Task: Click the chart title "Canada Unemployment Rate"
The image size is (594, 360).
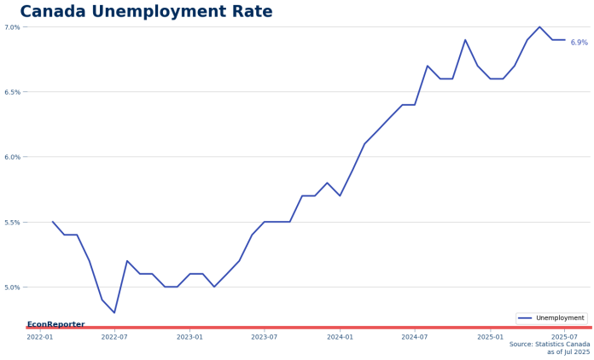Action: coord(146,12)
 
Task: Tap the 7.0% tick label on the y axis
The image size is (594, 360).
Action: coord(12,27)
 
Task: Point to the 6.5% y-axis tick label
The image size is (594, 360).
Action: coord(12,92)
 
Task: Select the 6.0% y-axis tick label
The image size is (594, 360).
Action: coord(12,157)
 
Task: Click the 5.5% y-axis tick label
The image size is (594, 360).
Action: coord(12,223)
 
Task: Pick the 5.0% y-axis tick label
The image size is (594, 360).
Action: coord(12,287)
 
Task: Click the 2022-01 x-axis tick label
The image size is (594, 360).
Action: coord(39,337)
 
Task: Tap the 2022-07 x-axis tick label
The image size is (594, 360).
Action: coord(114,337)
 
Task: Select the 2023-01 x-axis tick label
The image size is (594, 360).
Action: coord(189,337)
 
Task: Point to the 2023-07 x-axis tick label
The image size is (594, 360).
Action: coord(264,337)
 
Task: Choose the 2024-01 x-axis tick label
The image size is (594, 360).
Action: coord(340,337)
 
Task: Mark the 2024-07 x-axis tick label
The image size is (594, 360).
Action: coord(415,337)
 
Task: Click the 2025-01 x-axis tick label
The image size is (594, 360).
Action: coord(490,337)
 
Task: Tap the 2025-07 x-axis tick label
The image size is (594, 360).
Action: coord(564,337)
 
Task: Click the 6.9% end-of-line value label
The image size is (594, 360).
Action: coord(579,43)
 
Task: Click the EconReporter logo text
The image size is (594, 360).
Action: coord(55,324)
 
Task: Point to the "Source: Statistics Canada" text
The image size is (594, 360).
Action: coord(549,344)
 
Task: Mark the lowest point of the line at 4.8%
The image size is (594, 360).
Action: coord(114,313)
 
